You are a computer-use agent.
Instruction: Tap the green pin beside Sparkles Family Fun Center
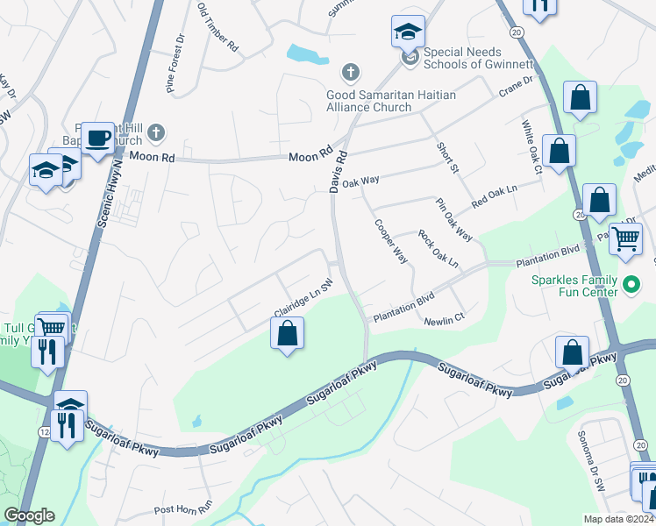[631, 284]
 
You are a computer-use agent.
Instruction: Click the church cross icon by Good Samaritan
[350, 71]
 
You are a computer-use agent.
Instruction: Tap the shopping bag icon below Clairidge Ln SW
[287, 333]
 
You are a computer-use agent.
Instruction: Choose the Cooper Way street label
[391, 241]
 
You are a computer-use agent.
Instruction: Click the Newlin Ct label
[443, 322]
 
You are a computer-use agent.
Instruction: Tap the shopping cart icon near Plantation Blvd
[625, 238]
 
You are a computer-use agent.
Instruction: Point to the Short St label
[448, 155]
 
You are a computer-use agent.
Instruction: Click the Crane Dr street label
[516, 86]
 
